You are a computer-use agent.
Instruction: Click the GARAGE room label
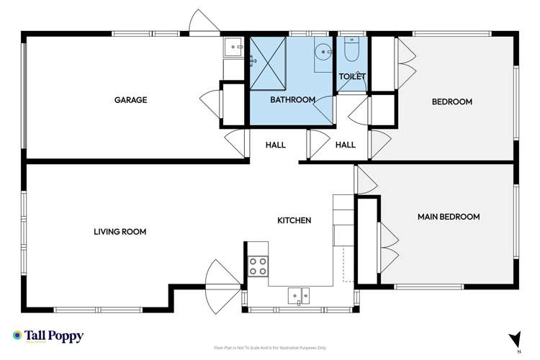point(130,101)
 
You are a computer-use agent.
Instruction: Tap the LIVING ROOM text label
point(120,232)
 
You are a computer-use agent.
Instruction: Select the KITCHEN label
point(295,220)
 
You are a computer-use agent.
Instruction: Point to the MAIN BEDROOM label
point(449,217)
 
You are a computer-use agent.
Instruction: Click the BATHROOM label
point(292,100)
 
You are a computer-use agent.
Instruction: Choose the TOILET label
point(352,76)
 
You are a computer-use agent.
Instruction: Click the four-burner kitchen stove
point(258,266)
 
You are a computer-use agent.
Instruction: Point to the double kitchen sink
point(300,294)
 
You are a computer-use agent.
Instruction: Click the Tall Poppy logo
point(48,336)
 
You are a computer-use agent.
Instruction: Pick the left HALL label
point(275,145)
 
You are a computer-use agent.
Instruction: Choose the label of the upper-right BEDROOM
point(451,102)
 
